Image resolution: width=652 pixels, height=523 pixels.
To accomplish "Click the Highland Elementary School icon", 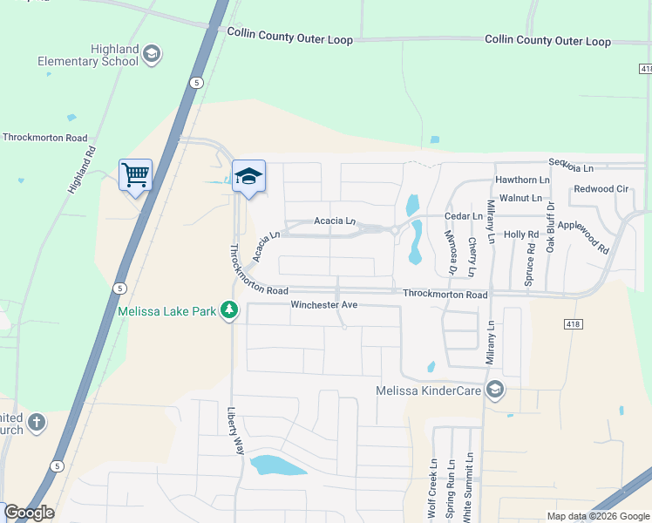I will point(152,54).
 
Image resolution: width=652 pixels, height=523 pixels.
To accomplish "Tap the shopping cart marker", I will point(135,175).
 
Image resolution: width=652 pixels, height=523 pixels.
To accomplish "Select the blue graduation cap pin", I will point(248,176).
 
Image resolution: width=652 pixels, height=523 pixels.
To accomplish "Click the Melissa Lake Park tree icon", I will point(229,309).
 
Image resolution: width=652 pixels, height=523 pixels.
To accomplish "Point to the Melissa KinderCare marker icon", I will point(495,390).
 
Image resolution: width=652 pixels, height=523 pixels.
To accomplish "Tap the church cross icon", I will point(36,423).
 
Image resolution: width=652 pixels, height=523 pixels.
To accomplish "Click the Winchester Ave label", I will point(324,305).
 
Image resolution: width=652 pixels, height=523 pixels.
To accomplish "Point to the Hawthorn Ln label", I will point(522,180).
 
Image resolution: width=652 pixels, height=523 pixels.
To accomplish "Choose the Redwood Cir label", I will point(601,189).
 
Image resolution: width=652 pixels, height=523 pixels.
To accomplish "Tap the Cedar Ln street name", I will point(463,215).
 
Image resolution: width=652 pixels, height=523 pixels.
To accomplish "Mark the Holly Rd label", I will point(521,234).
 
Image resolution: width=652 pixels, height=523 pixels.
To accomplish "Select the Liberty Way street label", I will point(236,430).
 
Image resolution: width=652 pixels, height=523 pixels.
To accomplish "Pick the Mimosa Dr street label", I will point(452,254).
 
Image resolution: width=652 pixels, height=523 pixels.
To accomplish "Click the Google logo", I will point(29,513).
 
